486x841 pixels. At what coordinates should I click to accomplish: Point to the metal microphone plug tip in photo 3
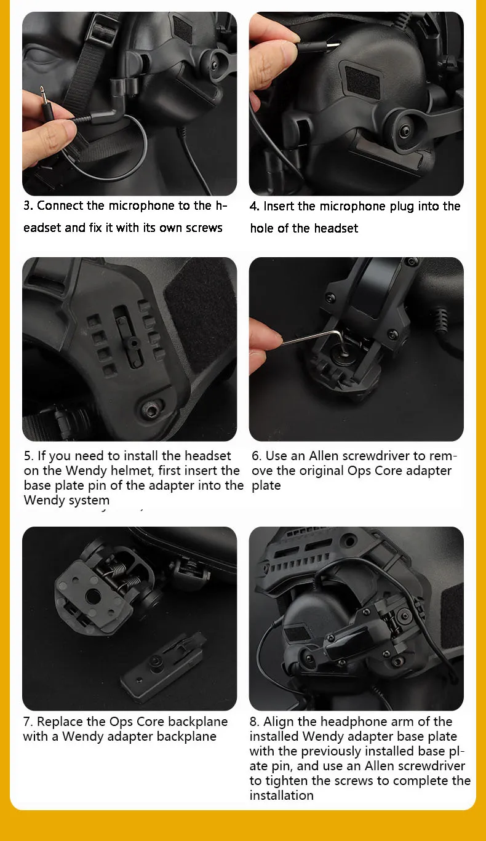43,94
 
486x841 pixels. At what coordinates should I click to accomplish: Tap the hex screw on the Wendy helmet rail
152,409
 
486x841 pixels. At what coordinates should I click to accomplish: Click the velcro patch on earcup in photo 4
362,82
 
